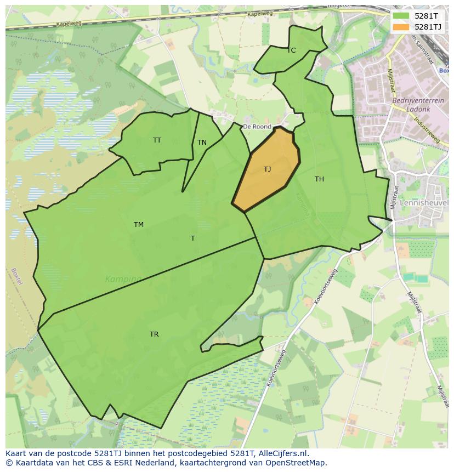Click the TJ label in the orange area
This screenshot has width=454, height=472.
[x=267, y=169]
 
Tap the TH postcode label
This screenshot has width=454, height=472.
[x=319, y=179]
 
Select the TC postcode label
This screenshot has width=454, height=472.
[x=291, y=50]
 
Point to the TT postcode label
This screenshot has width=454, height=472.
[x=157, y=140]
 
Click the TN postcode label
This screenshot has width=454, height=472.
[x=202, y=143]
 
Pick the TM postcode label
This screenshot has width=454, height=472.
[x=139, y=225]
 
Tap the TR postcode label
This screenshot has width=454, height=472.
[x=154, y=334]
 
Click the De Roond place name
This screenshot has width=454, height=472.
[x=257, y=127]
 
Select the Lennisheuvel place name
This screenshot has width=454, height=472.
[x=424, y=202]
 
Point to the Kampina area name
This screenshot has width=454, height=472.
[x=123, y=279]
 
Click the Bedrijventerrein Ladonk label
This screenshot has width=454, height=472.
[x=411, y=105]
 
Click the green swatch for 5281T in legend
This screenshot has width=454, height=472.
[x=401, y=16]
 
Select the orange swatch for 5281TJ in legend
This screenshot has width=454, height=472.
[x=401, y=26]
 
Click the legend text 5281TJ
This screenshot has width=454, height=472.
[x=428, y=26]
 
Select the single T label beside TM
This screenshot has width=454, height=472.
[x=192, y=238]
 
